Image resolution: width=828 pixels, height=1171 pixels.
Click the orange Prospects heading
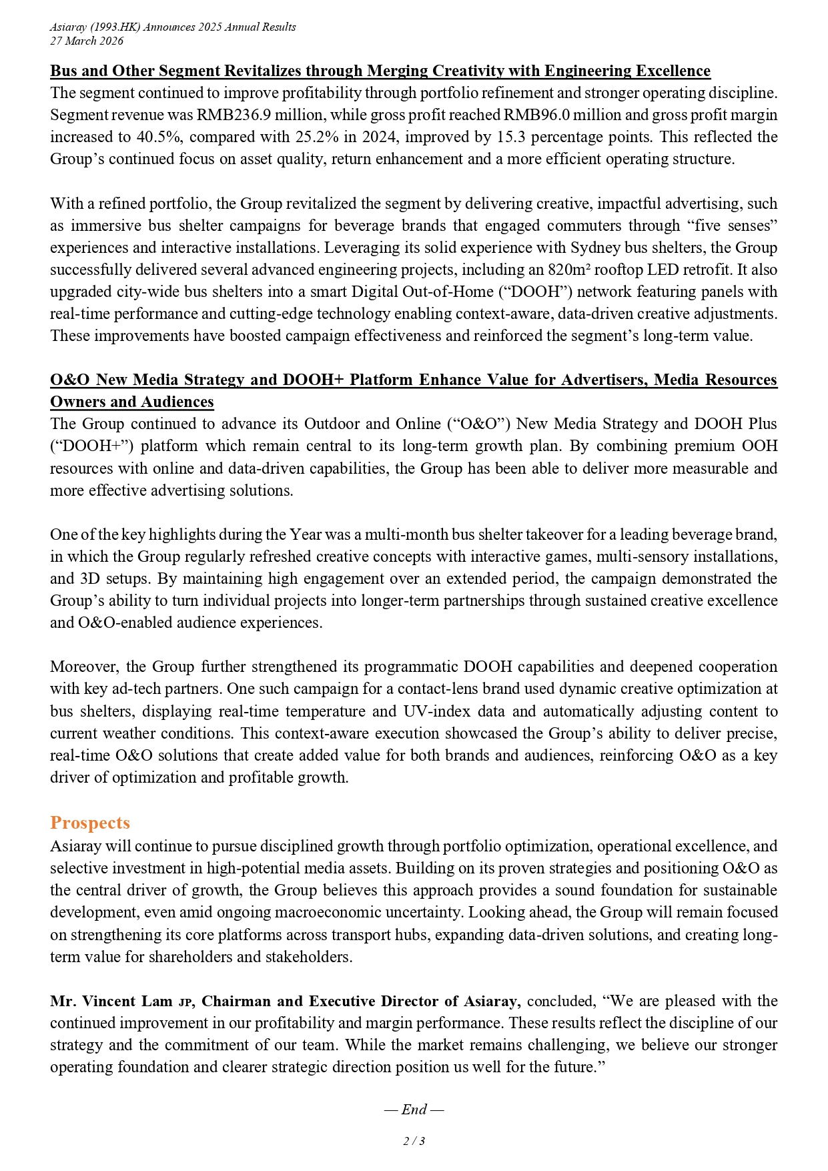(x=90, y=823)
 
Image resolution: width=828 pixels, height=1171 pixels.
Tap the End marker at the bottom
(x=414, y=1110)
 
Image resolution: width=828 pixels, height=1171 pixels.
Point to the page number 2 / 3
(x=414, y=1141)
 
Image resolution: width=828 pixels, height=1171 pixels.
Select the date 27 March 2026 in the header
(x=87, y=41)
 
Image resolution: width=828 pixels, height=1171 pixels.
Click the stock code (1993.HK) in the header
(x=126, y=27)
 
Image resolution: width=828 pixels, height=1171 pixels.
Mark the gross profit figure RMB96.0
(x=532, y=115)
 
